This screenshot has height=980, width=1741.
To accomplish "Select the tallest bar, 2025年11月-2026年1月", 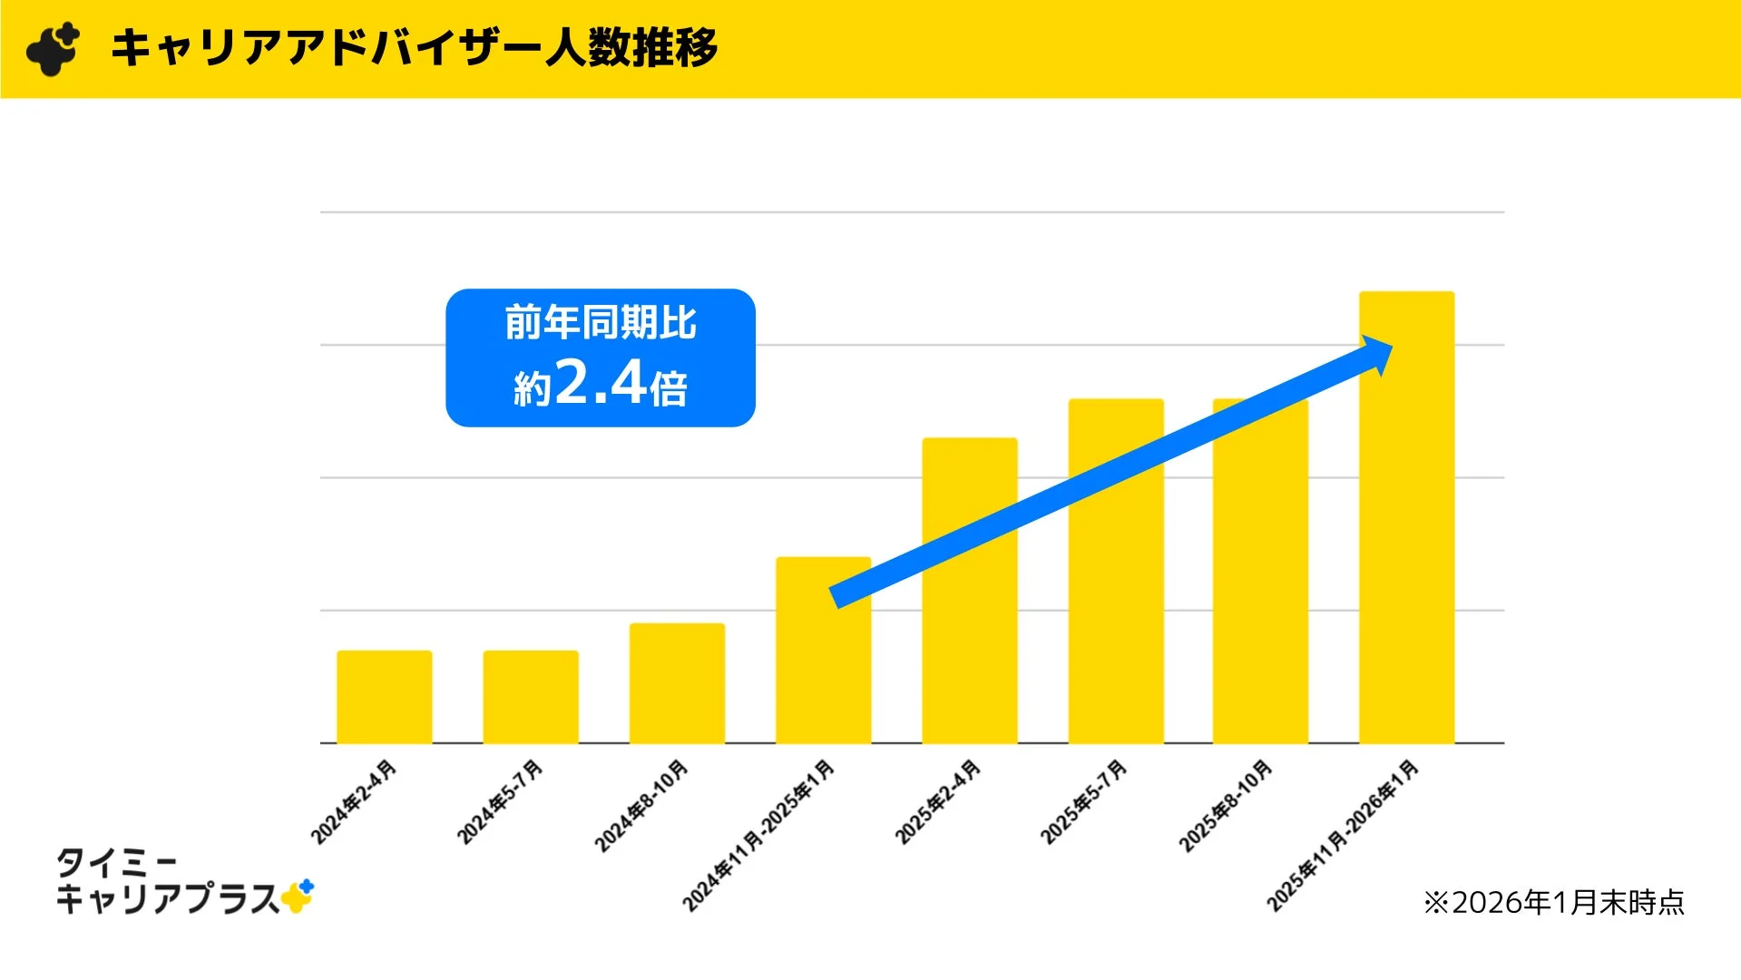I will [1406, 544].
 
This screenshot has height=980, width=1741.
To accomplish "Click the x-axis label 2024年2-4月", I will [354, 802].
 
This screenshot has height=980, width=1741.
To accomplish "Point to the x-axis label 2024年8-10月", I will [641, 807].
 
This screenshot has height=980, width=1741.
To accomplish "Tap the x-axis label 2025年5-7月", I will [1083, 802].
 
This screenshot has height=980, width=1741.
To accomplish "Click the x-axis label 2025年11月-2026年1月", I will [1343, 836].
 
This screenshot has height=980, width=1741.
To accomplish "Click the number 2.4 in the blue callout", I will [600, 383].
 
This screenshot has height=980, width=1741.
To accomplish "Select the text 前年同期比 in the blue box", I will [600, 323].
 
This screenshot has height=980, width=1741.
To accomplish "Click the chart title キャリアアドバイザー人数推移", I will [414, 48].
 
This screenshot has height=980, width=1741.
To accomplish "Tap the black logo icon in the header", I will [53, 49].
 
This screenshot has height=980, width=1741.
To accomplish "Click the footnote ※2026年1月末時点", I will [1553, 903].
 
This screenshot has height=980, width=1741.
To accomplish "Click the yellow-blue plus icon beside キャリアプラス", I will [298, 897].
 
